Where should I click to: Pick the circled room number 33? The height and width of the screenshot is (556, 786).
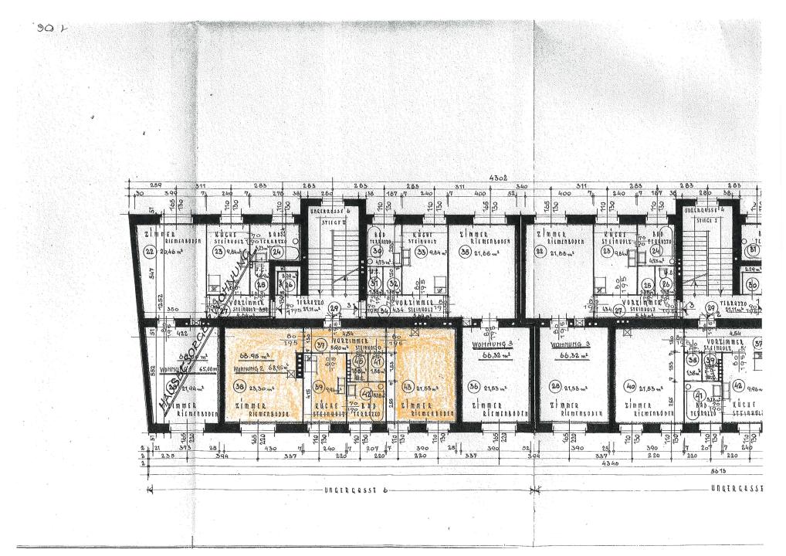point(422,251)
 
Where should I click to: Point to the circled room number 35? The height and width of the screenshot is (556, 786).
point(465,251)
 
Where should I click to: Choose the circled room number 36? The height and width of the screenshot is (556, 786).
point(475,386)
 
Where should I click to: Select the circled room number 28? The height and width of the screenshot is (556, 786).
point(555,386)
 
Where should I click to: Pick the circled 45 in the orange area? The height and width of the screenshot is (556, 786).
point(357,361)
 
